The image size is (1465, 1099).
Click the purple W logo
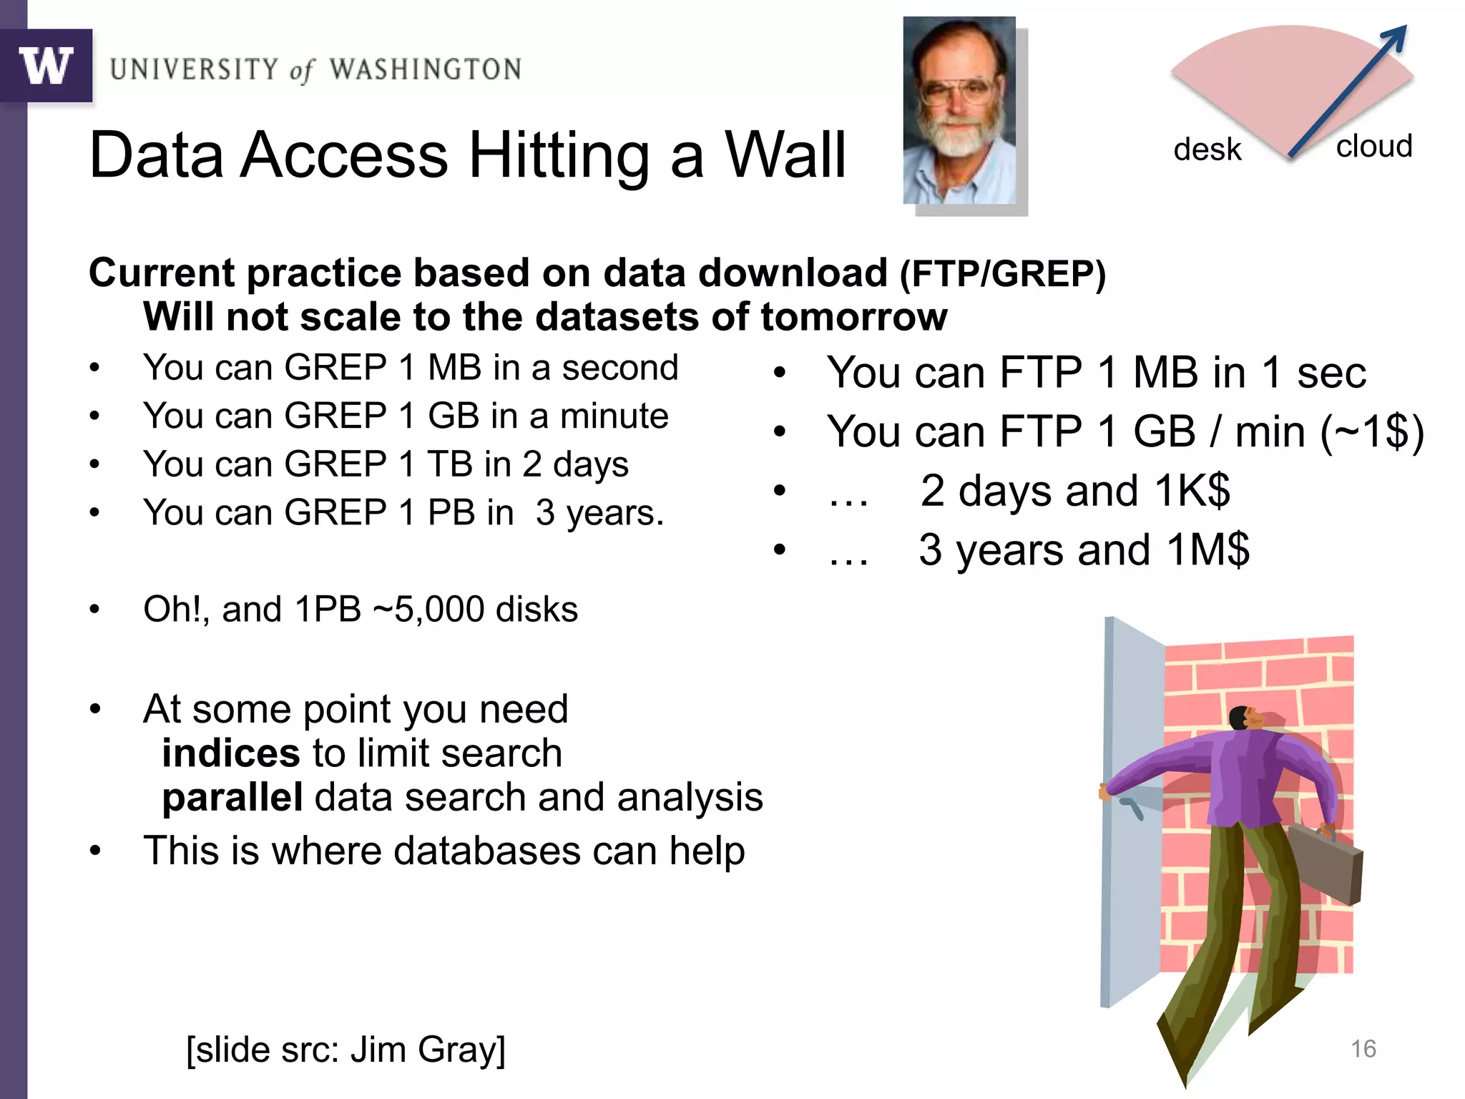[x=46, y=66]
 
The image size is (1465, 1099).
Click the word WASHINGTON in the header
[x=425, y=69]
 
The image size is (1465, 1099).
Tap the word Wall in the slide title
[x=785, y=155]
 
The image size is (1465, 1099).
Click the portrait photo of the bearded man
[x=959, y=111]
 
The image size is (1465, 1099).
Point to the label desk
[x=1207, y=150]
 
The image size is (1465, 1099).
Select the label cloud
[x=1373, y=146]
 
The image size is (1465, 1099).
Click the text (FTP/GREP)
[x=1002, y=274]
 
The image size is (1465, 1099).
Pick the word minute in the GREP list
[x=614, y=416]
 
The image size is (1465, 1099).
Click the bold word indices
[x=230, y=753]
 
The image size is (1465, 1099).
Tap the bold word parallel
[x=232, y=798]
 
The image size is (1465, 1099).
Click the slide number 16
[x=1363, y=1049]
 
